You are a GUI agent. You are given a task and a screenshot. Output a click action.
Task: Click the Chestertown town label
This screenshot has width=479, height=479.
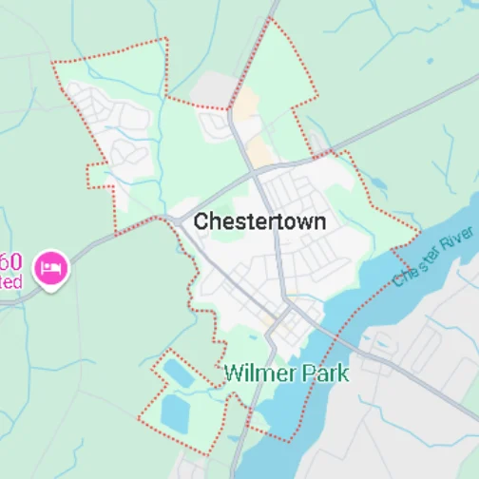[x=259, y=222]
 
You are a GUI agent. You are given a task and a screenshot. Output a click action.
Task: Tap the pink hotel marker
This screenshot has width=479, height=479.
[x=51, y=268]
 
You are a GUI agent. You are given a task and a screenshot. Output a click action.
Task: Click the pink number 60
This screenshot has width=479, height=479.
[x=10, y=260]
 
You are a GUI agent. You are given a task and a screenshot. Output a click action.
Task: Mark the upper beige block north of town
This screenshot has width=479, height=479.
[x=245, y=105]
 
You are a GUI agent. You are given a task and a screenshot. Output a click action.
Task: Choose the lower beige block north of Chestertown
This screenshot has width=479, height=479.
[x=258, y=150]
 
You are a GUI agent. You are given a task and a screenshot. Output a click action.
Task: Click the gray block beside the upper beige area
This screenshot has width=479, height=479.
[x=212, y=92]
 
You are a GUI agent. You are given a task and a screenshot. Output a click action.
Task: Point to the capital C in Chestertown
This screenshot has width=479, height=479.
[x=201, y=222]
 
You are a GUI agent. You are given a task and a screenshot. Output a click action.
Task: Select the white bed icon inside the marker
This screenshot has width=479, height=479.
[x=51, y=267]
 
